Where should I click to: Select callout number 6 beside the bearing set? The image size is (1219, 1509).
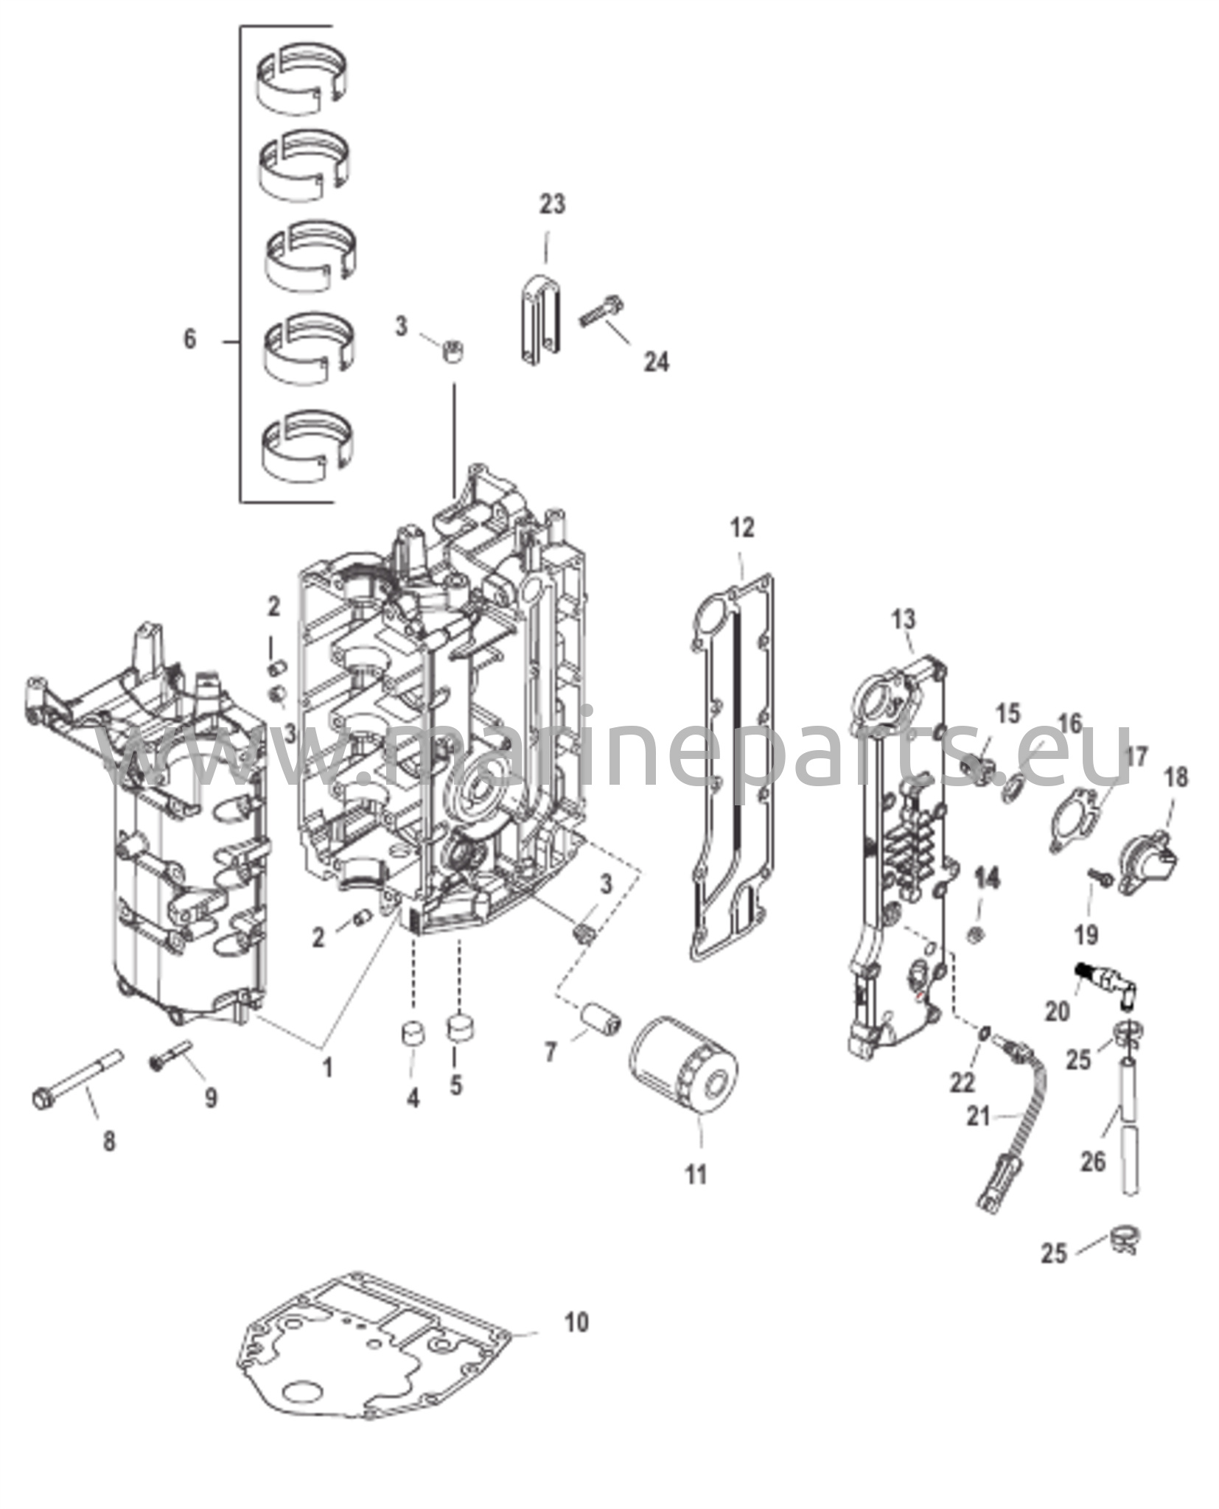(x=190, y=340)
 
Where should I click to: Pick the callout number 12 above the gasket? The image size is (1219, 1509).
(x=742, y=528)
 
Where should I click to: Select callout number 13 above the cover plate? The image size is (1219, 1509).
(x=904, y=619)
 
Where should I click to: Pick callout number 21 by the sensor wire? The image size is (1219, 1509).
(x=978, y=1137)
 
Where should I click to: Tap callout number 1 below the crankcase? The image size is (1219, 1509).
(x=326, y=1067)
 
